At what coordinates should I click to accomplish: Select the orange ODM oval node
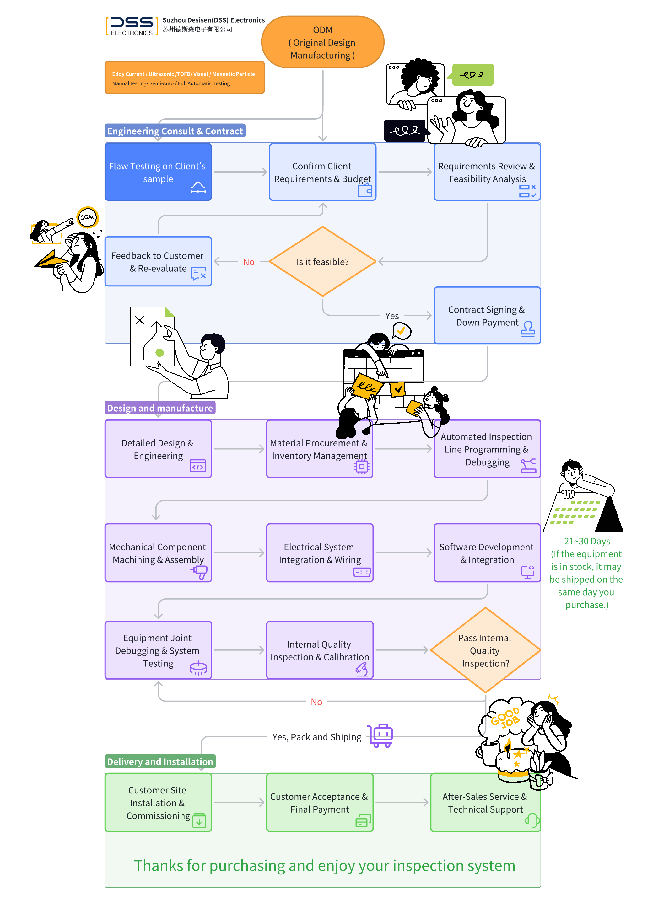coord(322,42)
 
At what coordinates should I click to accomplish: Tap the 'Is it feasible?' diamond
coord(322,262)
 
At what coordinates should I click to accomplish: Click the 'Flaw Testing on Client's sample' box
coord(158,172)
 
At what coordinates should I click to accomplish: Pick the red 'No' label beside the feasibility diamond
coord(249,262)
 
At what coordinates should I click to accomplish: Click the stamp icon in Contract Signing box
coord(528,329)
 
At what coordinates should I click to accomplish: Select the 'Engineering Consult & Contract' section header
coord(175,131)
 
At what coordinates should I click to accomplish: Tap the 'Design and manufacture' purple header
coord(160,408)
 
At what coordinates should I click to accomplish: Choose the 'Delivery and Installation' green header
coord(160,762)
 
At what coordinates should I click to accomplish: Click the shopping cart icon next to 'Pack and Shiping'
coord(381,735)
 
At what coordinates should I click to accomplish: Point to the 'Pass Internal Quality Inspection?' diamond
coord(485,650)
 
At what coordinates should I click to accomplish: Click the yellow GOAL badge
coord(87,217)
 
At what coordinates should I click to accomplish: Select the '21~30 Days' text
coord(587,541)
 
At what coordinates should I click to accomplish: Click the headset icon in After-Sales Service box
coord(532,820)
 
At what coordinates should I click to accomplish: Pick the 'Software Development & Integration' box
coord(487,553)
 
